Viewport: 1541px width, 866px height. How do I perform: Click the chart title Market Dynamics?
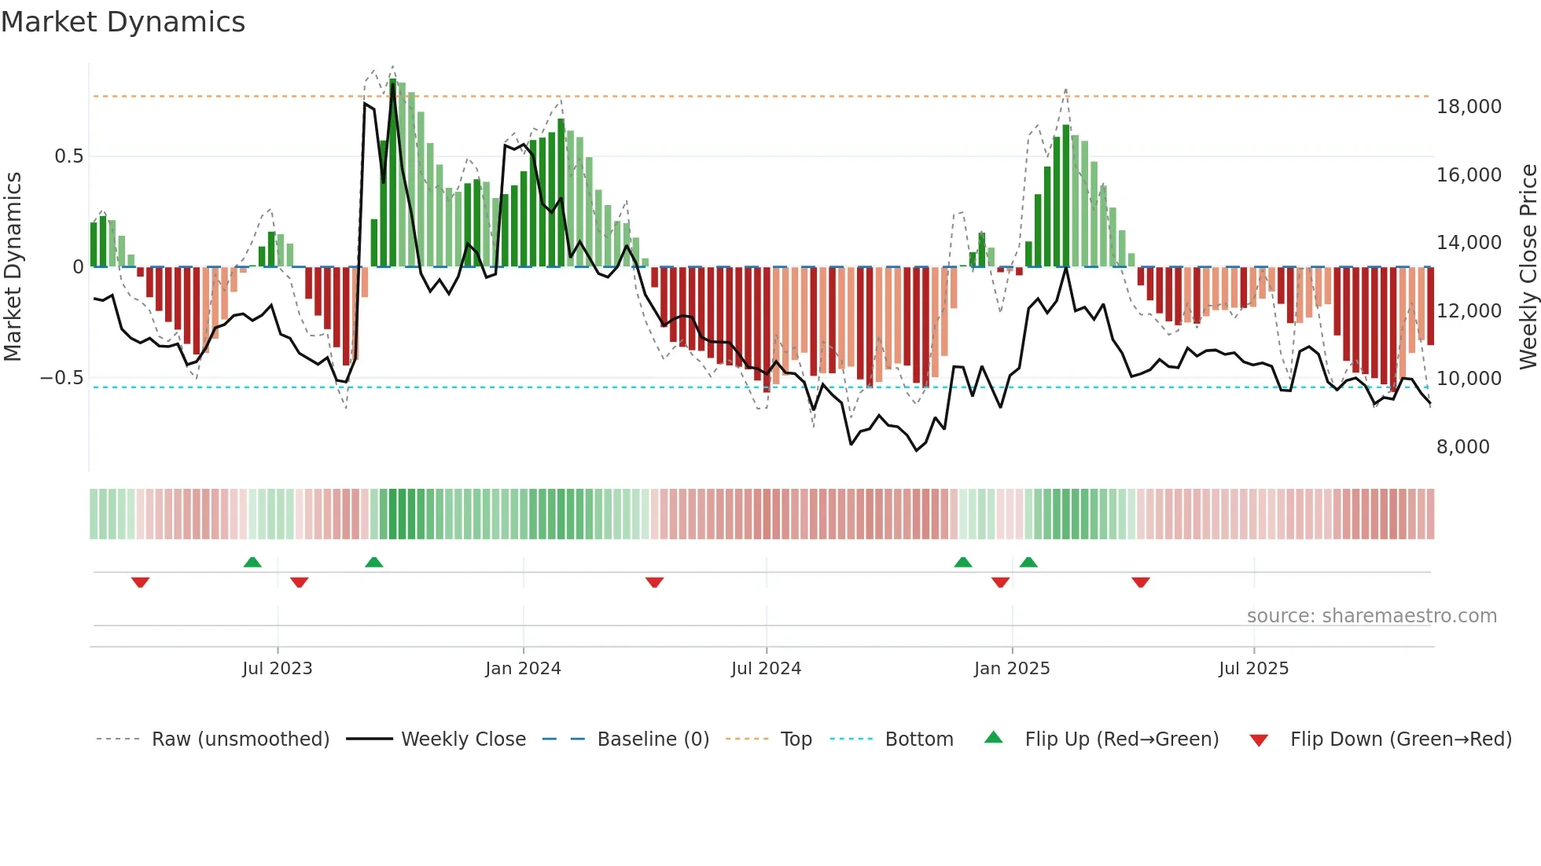[123, 22]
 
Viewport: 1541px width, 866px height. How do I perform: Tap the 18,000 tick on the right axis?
[1469, 107]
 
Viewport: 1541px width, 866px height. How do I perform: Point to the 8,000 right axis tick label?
[1462, 447]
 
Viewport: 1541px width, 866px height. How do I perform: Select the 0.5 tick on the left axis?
[68, 156]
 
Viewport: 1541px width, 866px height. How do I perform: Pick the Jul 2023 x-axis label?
[277, 669]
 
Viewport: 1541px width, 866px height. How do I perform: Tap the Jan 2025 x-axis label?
[1011, 669]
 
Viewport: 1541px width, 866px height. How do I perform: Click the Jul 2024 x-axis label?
[766, 669]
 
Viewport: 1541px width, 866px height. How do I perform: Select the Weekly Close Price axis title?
[1528, 266]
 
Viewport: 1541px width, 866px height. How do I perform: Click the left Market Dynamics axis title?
[13, 266]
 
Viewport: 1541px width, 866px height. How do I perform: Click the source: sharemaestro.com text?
[1371, 616]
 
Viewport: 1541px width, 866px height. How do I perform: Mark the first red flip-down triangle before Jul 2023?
[141, 582]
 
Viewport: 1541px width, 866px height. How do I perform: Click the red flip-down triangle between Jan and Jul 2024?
[654, 582]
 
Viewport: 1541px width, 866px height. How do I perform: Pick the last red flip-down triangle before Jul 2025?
[1141, 582]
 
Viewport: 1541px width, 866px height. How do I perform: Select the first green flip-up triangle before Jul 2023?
[252, 562]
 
